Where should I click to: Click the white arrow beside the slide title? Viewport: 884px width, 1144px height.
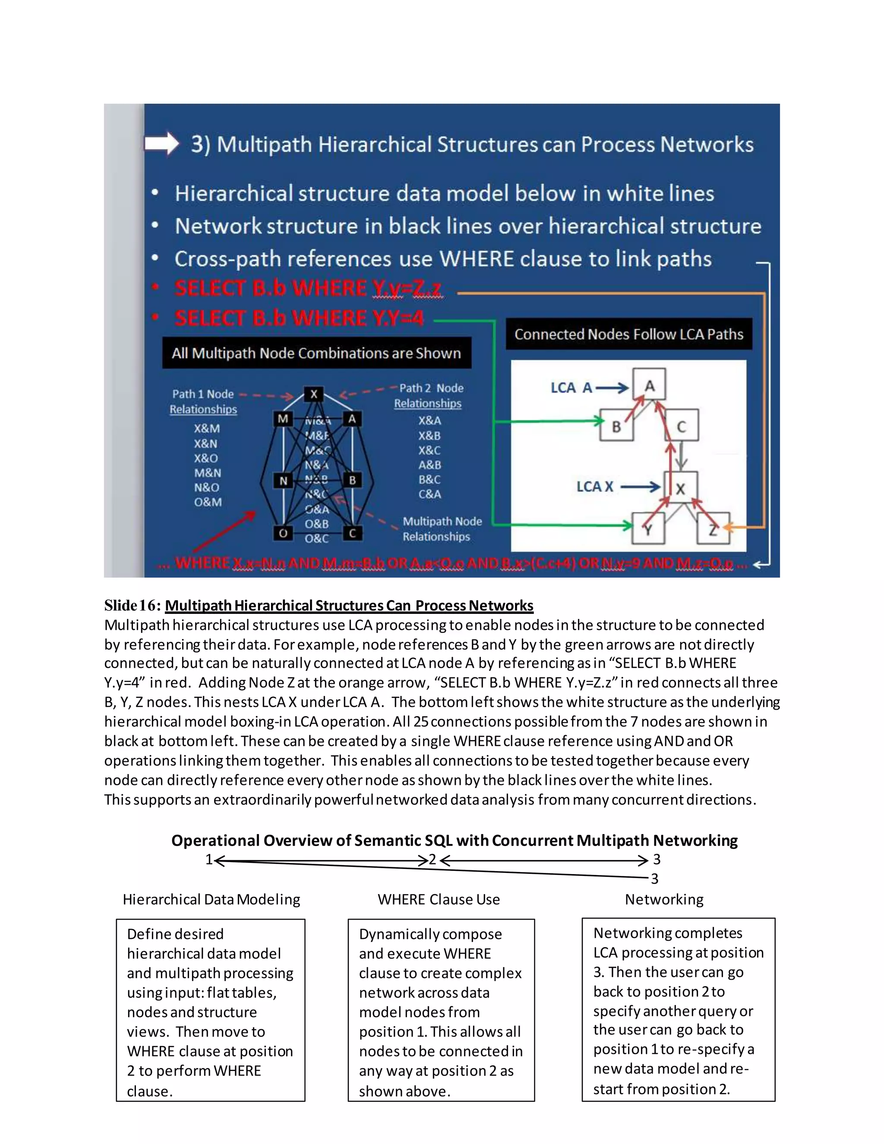tap(161, 143)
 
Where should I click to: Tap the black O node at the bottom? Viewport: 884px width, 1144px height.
tap(283, 533)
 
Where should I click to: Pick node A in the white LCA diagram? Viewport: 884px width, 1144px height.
tap(649, 386)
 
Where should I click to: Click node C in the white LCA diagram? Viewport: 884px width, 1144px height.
tap(681, 427)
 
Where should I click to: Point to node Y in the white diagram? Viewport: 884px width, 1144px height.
tap(648, 529)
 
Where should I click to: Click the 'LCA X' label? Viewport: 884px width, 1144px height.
tap(595, 487)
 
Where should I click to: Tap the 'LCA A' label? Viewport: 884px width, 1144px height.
tap(571, 388)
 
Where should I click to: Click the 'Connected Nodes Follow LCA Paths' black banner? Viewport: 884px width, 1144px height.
tap(628, 334)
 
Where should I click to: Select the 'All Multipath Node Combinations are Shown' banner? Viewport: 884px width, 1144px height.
tap(316, 353)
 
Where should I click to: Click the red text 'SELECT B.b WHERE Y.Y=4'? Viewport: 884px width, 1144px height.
tap(299, 318)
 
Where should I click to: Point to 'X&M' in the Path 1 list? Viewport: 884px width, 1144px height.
tap(207, 429)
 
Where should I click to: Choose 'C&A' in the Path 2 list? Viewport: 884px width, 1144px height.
tap(429, 494)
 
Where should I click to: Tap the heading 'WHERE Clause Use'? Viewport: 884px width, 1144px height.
tap(439, 899)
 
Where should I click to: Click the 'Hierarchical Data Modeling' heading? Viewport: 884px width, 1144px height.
tap(211, 899)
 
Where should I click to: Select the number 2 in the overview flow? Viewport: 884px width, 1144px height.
tap(433, 859)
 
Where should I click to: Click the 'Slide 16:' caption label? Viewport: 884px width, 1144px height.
tap(133, 606)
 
